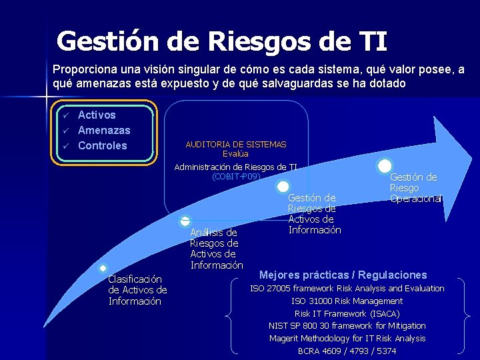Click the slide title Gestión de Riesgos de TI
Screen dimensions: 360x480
[221, 41]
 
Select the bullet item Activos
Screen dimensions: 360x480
[97, 115]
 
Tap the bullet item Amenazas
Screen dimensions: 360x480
[104, 130]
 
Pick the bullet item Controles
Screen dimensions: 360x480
[102, 145]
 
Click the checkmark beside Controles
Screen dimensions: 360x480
[66, 146]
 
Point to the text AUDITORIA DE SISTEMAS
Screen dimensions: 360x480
[235, 144]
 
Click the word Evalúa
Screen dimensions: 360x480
[235, 153]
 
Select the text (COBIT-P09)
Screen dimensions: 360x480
[236, 177]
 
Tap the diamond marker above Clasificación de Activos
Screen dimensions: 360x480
[103, 268]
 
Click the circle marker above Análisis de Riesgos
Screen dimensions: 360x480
[185, 221]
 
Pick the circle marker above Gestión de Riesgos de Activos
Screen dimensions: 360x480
[283, 187]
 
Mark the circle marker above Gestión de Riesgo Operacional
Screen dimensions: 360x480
[385, 166]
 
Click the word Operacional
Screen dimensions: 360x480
[416, 199]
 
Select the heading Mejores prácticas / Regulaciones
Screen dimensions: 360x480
[343, 275]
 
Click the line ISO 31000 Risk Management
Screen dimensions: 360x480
[347, 301]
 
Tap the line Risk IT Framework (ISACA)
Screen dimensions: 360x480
[347, 313]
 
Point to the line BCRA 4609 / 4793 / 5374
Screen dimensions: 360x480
[347, 351]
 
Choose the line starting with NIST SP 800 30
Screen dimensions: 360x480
[347, 325]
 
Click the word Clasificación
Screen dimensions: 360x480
[135, 279]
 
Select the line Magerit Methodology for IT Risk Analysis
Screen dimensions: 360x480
[347, 338]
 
